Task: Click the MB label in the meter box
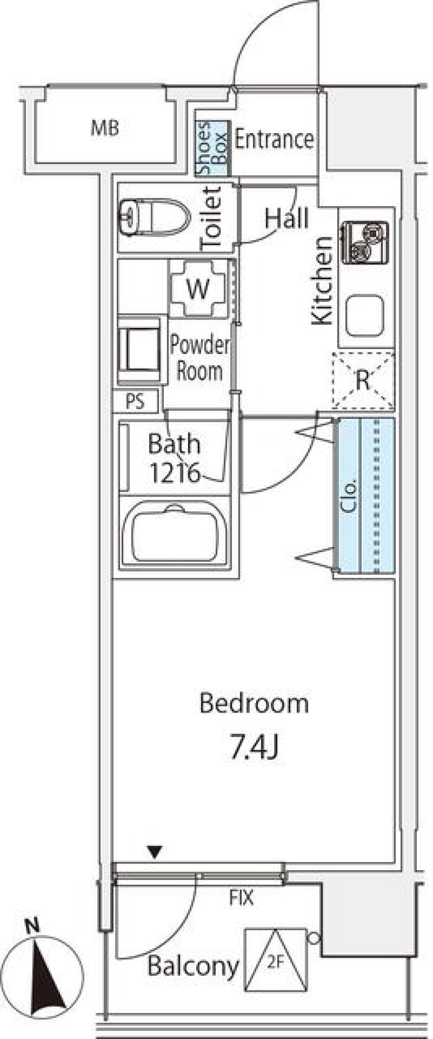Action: pos(105,128)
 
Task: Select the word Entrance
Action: pos(274,139)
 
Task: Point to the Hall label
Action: pos(286,218)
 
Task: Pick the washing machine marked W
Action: pos(198,288)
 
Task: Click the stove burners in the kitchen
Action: pos(365,242)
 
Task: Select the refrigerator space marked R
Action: pos(363,380)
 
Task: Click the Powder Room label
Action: pos(199,358)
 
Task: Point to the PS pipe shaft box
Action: pos(135,401)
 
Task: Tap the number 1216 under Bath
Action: pos(174,473)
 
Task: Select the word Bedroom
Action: pos(254,703)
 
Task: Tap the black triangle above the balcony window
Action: pos(155,852)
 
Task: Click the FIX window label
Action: pos(241,898)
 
